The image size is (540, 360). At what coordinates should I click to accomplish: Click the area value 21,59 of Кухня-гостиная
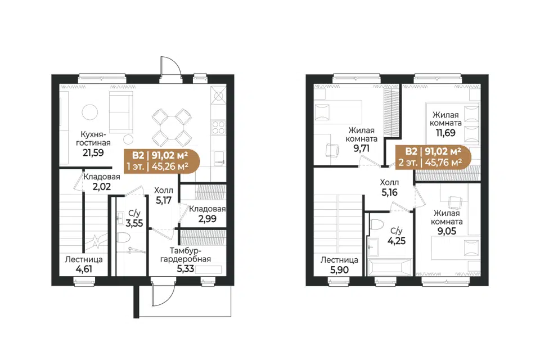pos(93,152)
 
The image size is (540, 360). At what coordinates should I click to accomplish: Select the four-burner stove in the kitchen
pos(218,127)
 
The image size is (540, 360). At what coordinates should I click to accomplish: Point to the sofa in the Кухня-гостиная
pos(121,112)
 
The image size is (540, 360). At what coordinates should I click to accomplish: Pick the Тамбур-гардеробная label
pos(185,255)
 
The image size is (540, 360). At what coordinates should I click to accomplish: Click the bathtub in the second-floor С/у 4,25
pos(390,267)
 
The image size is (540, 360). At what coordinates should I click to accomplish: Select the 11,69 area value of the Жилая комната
pos(445,133)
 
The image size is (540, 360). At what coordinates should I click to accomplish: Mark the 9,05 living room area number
pos(447,231)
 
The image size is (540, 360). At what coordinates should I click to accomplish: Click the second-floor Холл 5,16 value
pos(389,192)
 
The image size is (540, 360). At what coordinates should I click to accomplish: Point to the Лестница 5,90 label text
pos(339,260)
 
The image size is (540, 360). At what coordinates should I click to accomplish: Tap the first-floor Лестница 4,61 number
pos(83,269)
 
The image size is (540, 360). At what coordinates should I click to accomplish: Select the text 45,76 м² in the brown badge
pos(444,162)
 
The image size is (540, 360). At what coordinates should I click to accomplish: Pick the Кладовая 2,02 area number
pos(102,187)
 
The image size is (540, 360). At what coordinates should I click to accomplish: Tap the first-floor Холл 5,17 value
pos(163,200)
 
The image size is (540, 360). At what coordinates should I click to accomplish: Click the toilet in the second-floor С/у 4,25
pos(377,225)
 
